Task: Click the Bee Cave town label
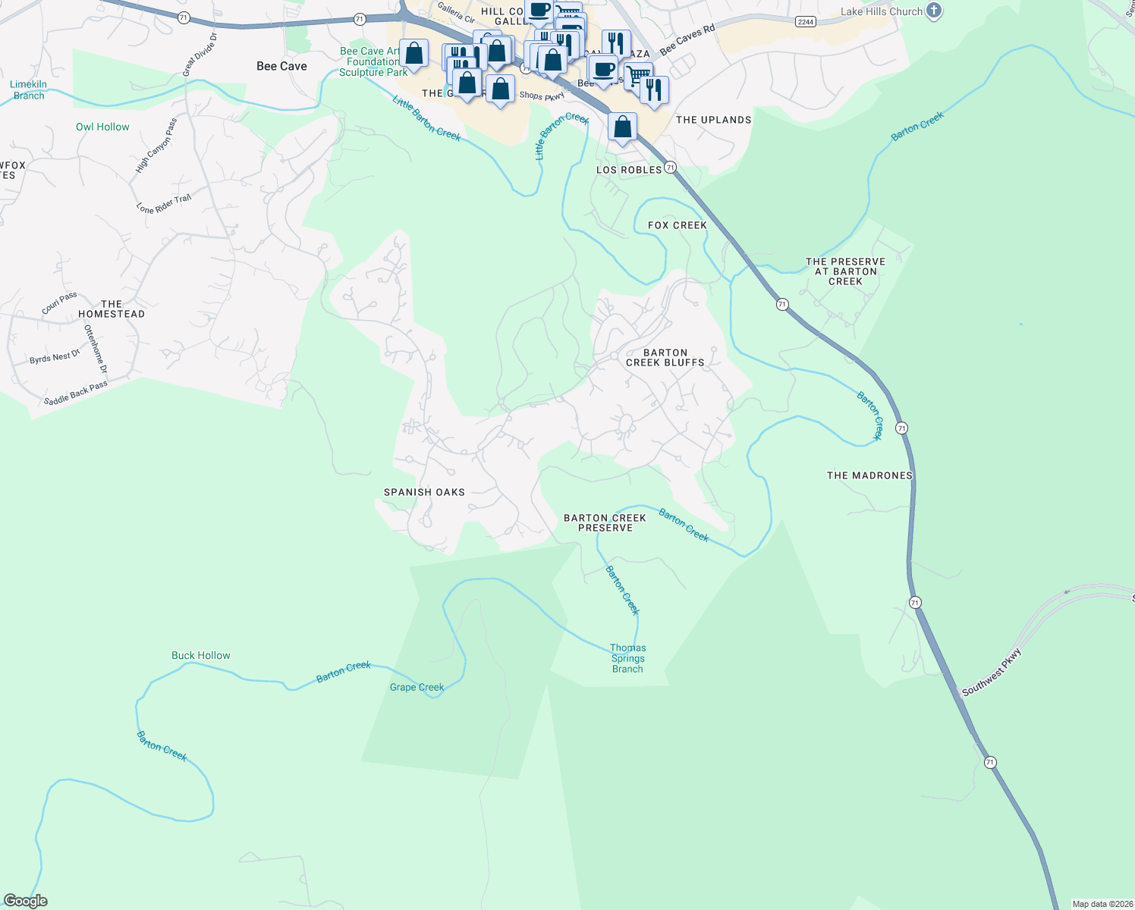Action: [x=281, y=67]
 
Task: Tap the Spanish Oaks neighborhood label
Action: [x=424, y=492]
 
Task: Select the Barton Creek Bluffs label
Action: [x=665, y=358]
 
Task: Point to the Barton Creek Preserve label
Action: [x=605, y=523]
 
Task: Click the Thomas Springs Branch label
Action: [x=627, y=658]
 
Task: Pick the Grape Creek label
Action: [x=417, y=688]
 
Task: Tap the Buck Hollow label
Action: [x=200, y=656]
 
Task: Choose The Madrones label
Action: [x=869, y=475]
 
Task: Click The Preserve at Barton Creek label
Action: [x=845, y=271]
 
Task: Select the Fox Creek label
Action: [x=677, y=225]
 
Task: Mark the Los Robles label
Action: [x=629, y=170]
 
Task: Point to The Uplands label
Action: [x=713, y=120]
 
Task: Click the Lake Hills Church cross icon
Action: [x=934, y=11]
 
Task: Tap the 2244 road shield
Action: [x=806, y=22]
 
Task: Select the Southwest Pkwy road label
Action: [x=992, y=673]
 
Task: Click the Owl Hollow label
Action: [x=102, y=127]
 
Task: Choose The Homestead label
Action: [x=112, y=309]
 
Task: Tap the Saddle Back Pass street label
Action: [x=75, y=394]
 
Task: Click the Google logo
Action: [x=26, y=901]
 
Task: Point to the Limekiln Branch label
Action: [x=29, y=90]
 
